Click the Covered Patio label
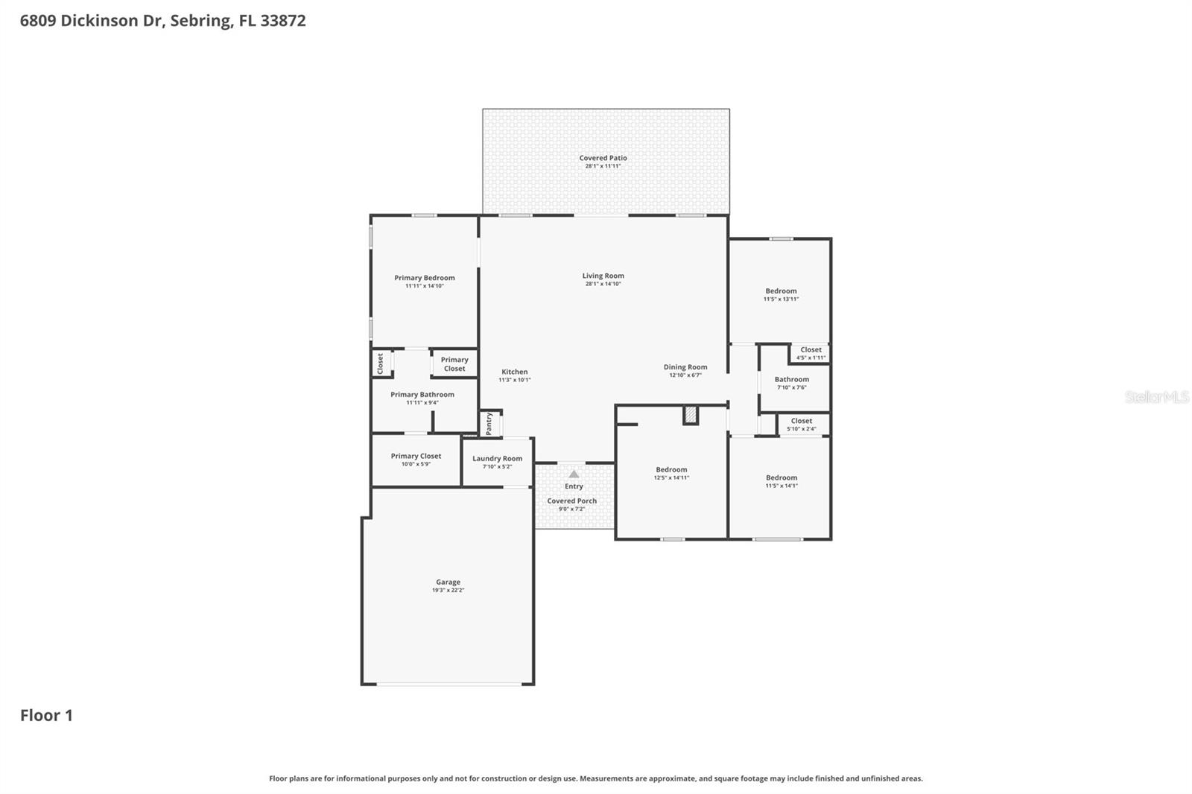[x=603, y=158]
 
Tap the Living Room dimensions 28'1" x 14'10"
[x=603, y=284]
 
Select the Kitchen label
[x=514, y=372]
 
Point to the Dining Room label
[x=685, y=367]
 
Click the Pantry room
[x=489, y=424]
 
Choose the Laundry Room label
[x=497, y=459]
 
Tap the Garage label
[x=448, y=582]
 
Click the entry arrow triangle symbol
[x=574, y=474]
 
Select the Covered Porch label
[x=571, y=501]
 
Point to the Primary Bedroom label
[x=424, y=278]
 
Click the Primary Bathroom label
[x=422, y=395]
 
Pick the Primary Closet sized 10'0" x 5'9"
[x=416, y=460]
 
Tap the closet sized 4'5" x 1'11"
[x=811, y=353]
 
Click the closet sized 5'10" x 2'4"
[x=802, y=425]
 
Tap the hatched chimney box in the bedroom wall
[x=691, y=416]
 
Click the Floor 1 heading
[x=46, y=715]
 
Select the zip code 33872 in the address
[x=283, y=20]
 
